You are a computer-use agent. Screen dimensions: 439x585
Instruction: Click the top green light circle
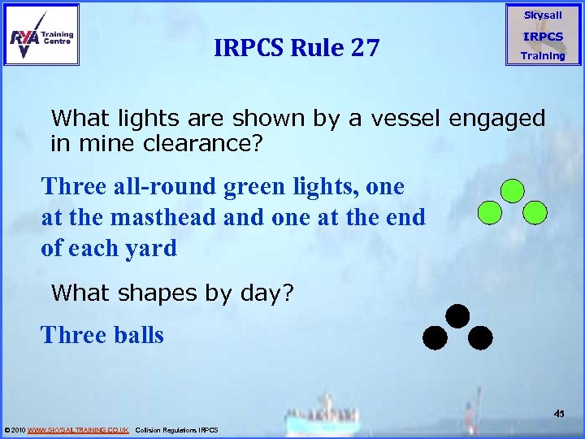(x=512, y=191)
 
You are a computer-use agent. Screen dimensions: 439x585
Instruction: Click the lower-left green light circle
(x=488, y=213)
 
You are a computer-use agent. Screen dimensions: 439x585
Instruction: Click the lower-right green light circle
(x=535, y=213)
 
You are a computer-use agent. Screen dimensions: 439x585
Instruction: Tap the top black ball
(x=457, y=315)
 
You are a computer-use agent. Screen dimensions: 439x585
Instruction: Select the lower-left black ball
(x=435, y=337)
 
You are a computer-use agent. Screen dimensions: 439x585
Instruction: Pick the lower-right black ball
(x=480, y=337)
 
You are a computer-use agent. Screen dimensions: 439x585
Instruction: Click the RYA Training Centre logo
(x=42, y=34)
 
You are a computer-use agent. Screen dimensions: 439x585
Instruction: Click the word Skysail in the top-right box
(x=543, y=15)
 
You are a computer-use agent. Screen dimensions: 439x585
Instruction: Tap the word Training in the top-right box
(x=543, y=56)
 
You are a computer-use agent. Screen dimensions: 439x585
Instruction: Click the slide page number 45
(x=559, y=414)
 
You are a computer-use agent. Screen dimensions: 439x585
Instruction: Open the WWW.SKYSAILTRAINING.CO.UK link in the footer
(x=78, y=429)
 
